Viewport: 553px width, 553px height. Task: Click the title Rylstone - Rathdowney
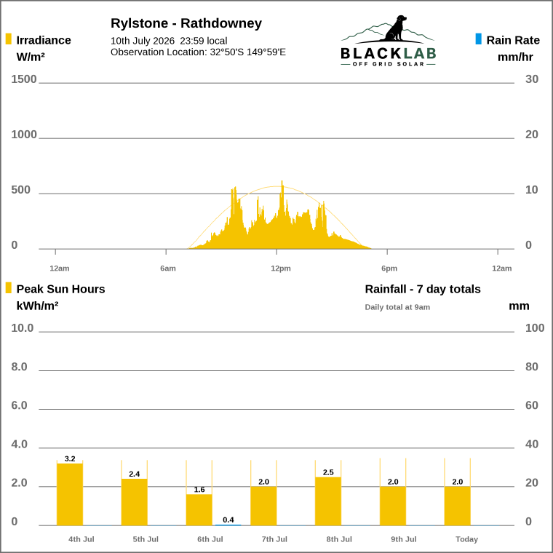[186, 23]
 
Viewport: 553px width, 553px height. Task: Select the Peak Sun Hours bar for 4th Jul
[70, 494]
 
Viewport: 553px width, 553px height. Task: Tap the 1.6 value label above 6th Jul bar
[199, 490]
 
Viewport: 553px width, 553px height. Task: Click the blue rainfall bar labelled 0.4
[228, 525]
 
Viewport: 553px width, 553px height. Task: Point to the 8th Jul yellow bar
[328, 501]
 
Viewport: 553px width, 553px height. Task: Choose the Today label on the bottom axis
[466, 539]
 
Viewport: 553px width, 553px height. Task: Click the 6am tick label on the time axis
[168, 268]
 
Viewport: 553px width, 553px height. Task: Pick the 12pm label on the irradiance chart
[281, 268]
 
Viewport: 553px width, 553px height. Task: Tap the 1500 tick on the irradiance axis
[23, 79]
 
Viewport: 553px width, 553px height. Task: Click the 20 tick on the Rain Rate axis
[531, 135]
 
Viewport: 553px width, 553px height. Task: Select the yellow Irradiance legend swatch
[9, 39]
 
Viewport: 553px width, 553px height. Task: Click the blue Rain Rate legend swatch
[478, 39]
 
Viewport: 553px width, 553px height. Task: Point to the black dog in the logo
[396, 28]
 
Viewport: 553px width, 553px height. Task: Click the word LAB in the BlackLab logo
[420, 54]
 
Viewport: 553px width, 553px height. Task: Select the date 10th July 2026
[143, 41]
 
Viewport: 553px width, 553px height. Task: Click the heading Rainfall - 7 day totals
[423, 289]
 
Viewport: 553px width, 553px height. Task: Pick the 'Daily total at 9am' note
[397, 307]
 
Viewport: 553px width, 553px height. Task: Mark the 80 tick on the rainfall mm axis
[531, 367]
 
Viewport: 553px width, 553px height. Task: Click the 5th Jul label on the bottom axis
[146, 539]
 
